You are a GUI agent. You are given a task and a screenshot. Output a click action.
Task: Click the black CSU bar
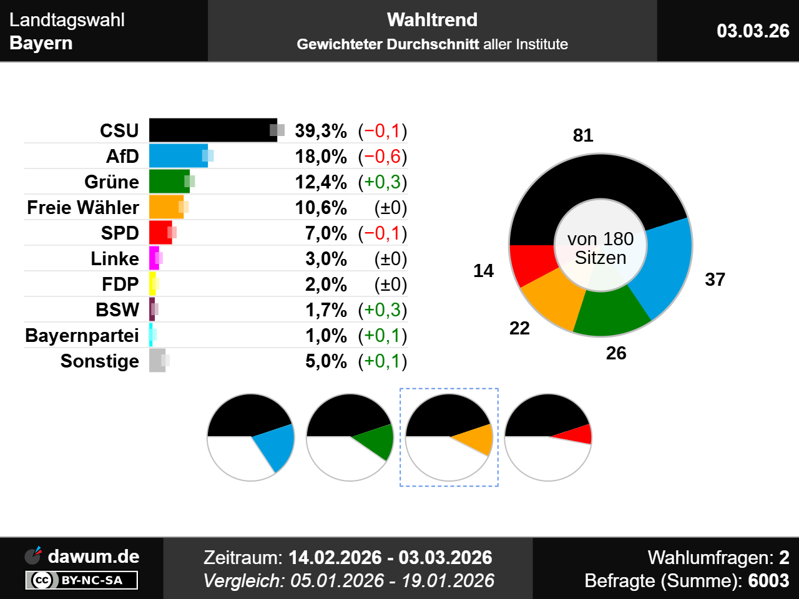(212, 130)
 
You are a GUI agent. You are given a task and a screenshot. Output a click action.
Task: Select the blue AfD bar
(178, 156)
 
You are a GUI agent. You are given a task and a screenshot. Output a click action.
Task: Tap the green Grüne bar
(169, 182)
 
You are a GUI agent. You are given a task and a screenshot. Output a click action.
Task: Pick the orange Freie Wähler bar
(165, 207)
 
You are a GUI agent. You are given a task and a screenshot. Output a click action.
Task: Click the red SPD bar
(160, 233)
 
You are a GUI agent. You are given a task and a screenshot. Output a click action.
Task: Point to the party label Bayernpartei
(82, 336)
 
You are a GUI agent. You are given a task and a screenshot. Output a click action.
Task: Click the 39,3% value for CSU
(321, 131)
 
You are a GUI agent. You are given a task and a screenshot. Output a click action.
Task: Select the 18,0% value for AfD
(321, 157)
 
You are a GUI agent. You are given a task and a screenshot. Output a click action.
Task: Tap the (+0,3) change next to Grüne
(383, 182)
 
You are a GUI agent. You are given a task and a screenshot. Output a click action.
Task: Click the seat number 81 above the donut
(583, 135)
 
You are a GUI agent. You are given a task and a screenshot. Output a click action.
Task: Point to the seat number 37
(715, 280)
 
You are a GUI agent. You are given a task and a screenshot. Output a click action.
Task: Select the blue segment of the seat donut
(665, 268)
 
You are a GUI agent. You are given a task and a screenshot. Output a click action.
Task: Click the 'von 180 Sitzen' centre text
(600, 248)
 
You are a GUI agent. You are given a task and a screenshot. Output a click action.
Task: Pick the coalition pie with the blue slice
(250, 437)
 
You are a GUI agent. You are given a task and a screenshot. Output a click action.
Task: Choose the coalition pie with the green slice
(350, 437)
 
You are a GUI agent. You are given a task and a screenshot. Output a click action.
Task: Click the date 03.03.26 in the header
(753, 31)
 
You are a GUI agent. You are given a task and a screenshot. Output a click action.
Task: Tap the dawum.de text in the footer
(94, 557)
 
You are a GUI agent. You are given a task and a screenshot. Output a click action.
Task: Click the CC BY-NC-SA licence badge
(82, 580)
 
